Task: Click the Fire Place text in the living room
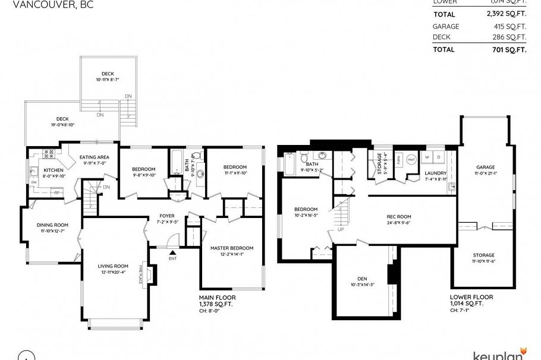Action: [x=141, y=274]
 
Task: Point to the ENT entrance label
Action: [x=173, y=258]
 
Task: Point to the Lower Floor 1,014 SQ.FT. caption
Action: [x=471, y=300]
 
